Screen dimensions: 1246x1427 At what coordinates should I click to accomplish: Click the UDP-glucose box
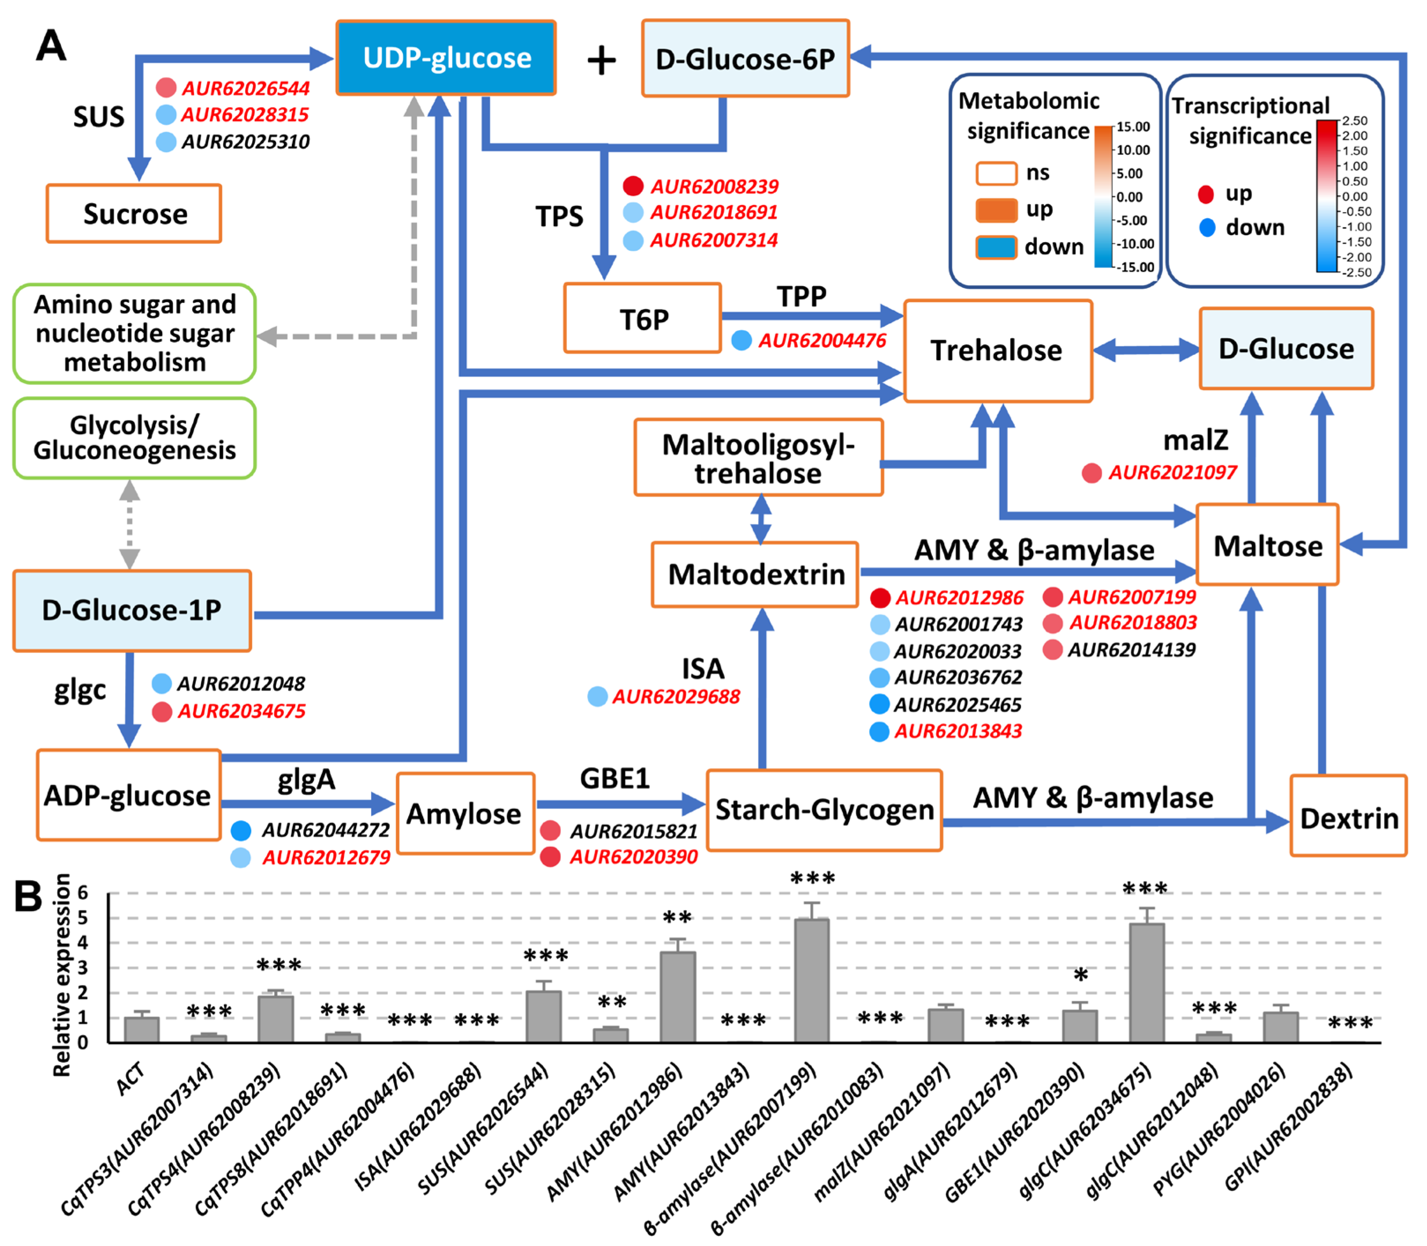[446, 58]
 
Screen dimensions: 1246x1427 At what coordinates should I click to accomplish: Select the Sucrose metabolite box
[134, 213]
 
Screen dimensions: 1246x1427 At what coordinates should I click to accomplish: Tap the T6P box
[642, 318]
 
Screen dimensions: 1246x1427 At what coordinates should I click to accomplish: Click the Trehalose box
[998, 351]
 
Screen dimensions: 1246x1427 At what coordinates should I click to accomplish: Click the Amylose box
[465, 813]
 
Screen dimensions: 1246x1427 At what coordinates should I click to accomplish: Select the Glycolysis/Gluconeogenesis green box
[134, 438]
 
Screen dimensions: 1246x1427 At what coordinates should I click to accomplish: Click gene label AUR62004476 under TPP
[822, 340]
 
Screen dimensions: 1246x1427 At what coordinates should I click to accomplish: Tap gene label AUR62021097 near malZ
[1172, 473]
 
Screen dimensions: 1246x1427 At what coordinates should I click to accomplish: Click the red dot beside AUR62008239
[633, 186]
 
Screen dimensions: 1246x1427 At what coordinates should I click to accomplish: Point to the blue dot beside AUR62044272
[241, 829]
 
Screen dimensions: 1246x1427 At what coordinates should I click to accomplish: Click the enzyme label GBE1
[615, 778]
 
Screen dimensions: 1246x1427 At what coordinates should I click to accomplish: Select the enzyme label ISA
[703, 668]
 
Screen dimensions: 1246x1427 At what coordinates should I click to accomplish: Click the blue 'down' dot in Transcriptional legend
[1207, 228]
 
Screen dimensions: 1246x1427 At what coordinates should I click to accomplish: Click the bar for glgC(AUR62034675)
[1146, 982]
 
